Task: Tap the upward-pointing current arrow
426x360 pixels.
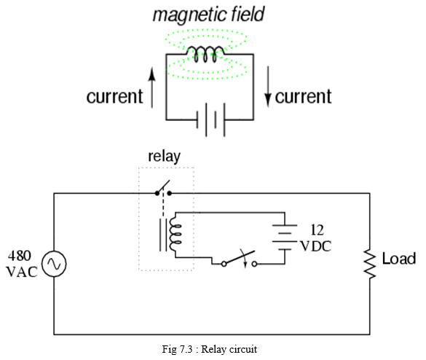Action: pos(152,87)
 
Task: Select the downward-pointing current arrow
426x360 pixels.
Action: pos(268,87)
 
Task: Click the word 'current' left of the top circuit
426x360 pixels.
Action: pos(114,96)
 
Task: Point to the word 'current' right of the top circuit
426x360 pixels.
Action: pos(303,96)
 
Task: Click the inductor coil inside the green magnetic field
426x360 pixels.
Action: pos(205,54)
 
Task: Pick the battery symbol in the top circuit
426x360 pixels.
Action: pos(211,120)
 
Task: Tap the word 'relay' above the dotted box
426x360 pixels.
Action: pos(164,157)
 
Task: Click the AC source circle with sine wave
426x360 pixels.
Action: pos(54,264)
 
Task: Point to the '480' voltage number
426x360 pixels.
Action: pos(19,256)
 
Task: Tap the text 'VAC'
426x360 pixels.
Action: pos(22,272)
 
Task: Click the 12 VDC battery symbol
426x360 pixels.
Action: pos(285,238)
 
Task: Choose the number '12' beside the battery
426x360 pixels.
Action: pos(317,230)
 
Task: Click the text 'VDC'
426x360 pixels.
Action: pos(316,246)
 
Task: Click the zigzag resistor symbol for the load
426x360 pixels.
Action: pos(370,264)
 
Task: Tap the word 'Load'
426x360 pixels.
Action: pos(399,259)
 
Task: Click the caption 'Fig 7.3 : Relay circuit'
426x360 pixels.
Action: pos(210,349)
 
